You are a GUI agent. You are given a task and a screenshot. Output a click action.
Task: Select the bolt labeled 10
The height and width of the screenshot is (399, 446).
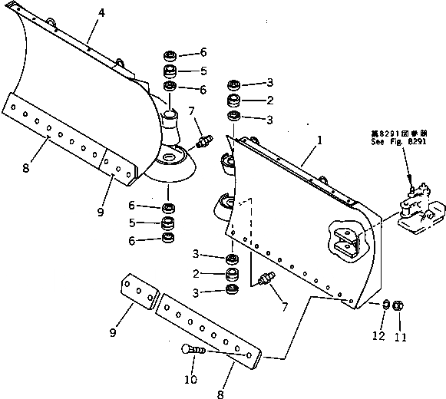[194, 351]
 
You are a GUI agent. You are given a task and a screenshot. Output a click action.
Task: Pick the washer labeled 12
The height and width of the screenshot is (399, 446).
[385, 305]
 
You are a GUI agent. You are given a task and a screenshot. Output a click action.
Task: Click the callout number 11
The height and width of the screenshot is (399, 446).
[400, 335]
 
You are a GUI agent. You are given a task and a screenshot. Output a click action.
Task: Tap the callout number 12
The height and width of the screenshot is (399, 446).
[377, 335]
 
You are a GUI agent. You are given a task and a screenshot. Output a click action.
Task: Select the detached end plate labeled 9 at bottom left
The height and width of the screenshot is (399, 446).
[138, 295]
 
